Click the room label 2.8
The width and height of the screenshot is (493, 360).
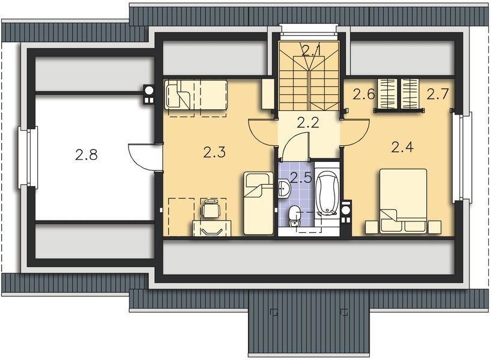[x=86, y=155]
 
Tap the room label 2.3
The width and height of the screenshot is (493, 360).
[x=214, y=152]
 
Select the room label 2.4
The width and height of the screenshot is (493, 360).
[x=402, y=146]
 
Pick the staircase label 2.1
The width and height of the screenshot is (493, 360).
[x=310, y=50]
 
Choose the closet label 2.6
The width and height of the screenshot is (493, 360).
[x=364, y=94]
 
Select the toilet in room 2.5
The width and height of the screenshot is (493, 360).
[x=294, y=214]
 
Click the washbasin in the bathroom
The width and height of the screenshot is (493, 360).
[x=285, y=190]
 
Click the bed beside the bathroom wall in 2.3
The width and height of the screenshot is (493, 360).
[x=258, y=203]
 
